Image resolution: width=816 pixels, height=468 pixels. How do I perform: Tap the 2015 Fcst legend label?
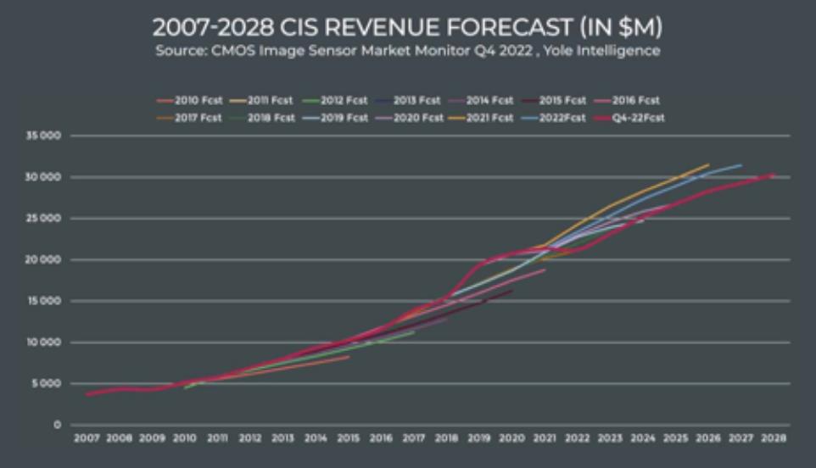(x=563, y=100)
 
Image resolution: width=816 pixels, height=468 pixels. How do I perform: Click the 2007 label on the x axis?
(x=87, y=438)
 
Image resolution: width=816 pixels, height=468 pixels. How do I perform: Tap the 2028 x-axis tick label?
(x=774, y=438)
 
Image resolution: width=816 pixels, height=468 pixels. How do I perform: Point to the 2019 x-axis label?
(x=479, y=438)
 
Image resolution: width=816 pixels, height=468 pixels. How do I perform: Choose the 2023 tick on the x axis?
(x=610, y=438)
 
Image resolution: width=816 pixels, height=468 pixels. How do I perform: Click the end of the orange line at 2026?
(x=708, y=164)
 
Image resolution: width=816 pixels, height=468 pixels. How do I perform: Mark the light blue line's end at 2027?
(x=741, y=165)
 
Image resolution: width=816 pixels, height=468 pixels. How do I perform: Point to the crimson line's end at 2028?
(x=773, y=175)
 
